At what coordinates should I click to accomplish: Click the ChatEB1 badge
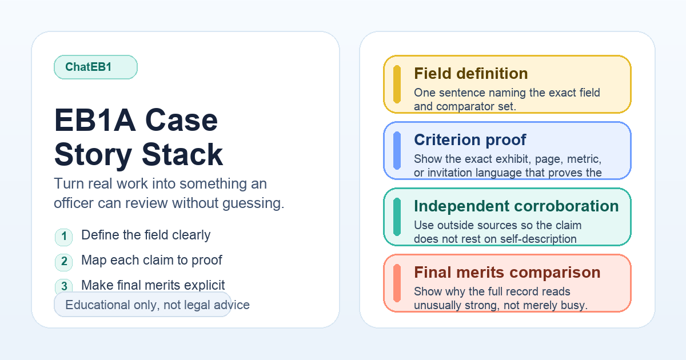click(x=95, y=67)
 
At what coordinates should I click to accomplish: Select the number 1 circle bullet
click(x=64, y=237)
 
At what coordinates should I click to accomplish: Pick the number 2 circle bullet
click(x=64, y=262)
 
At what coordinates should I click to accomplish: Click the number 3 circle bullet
click(x=64, y=286)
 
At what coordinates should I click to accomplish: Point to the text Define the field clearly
click(x=146, y=235)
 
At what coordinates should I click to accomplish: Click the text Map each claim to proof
click(x=151, y=260)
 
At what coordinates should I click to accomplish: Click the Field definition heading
click(x=470, y=74)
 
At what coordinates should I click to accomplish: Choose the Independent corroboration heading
click(x=516, y=206)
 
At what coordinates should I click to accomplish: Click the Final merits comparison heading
click(x=506, y=272)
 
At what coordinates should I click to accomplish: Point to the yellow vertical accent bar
click(x=397, y=85)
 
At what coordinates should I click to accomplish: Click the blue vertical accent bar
click(x=397, y=151)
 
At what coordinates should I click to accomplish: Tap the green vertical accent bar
click(x=397, y=217)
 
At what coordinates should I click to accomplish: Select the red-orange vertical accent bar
click(x=397, y=283)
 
